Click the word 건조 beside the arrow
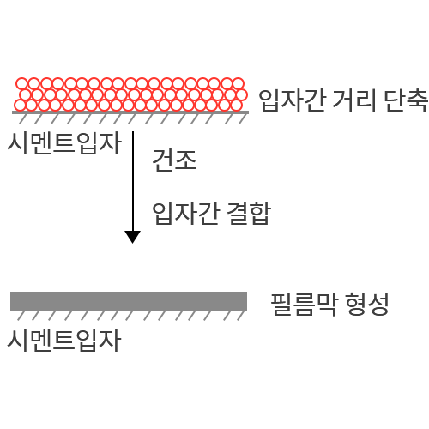(x=174, y=160)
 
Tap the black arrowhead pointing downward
(x=132, y=237)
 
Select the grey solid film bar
(x=129, y=301)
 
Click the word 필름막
(x=304, y=305)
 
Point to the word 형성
(x=367, y=305)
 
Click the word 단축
(x=406, y=100)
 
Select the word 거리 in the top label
(x=353, y=100)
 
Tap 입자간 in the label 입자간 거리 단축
(x=293, y=100)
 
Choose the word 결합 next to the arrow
(x=248, y=214)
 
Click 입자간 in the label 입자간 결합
(x=185, y=214)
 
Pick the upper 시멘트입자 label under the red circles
(x=64, y=143)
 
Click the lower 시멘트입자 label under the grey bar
(x=64, y=340)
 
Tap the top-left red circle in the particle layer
(x=21, y=83)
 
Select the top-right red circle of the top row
(x=238, y=83)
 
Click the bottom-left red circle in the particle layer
(x=20, y=106)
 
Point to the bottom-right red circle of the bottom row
(x=237, y=106)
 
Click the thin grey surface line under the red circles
(x=130, y=112)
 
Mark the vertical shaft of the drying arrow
(x=133, y=181)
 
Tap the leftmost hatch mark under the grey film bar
(x=21, y=315)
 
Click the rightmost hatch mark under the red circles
(x=243, y=118)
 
